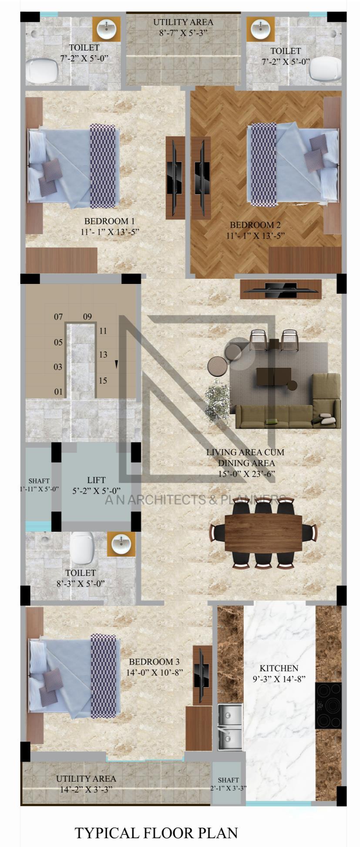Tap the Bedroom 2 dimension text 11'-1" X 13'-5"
click(255, 236)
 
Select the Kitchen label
click(279, 668)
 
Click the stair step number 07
click(58, 317)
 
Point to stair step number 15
click(103, 381)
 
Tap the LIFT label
click(96, 480)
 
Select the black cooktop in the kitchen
click(328, 705)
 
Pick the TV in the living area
click(281, 289)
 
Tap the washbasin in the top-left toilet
click(106, 30)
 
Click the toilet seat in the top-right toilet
click(325, 69)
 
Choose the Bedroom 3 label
click(154, 661)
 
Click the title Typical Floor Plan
click(156, 833)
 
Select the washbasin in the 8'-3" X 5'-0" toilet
click(121, 543)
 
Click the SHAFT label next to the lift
click(39, 481)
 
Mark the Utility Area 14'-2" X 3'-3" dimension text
click(87, 789)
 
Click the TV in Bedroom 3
click(202, 675)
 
